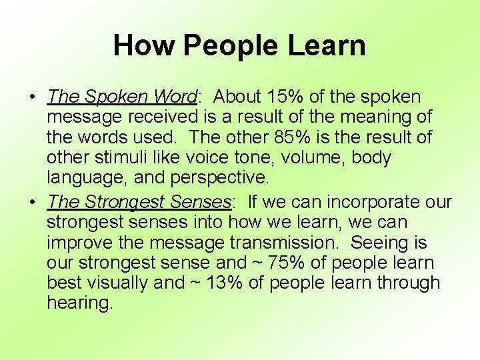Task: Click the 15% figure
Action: pos(293,97)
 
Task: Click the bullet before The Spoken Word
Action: pos(33,97)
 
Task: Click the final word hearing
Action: pos(80,303)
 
